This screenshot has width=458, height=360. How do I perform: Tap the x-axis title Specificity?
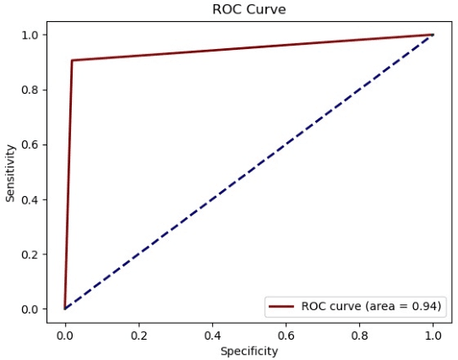(248, 350)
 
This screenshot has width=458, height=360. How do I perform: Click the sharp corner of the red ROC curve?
(72, 60)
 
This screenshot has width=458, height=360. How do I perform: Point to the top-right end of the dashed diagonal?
(433, 35)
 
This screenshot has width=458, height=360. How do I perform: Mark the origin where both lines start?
(65, 308)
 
